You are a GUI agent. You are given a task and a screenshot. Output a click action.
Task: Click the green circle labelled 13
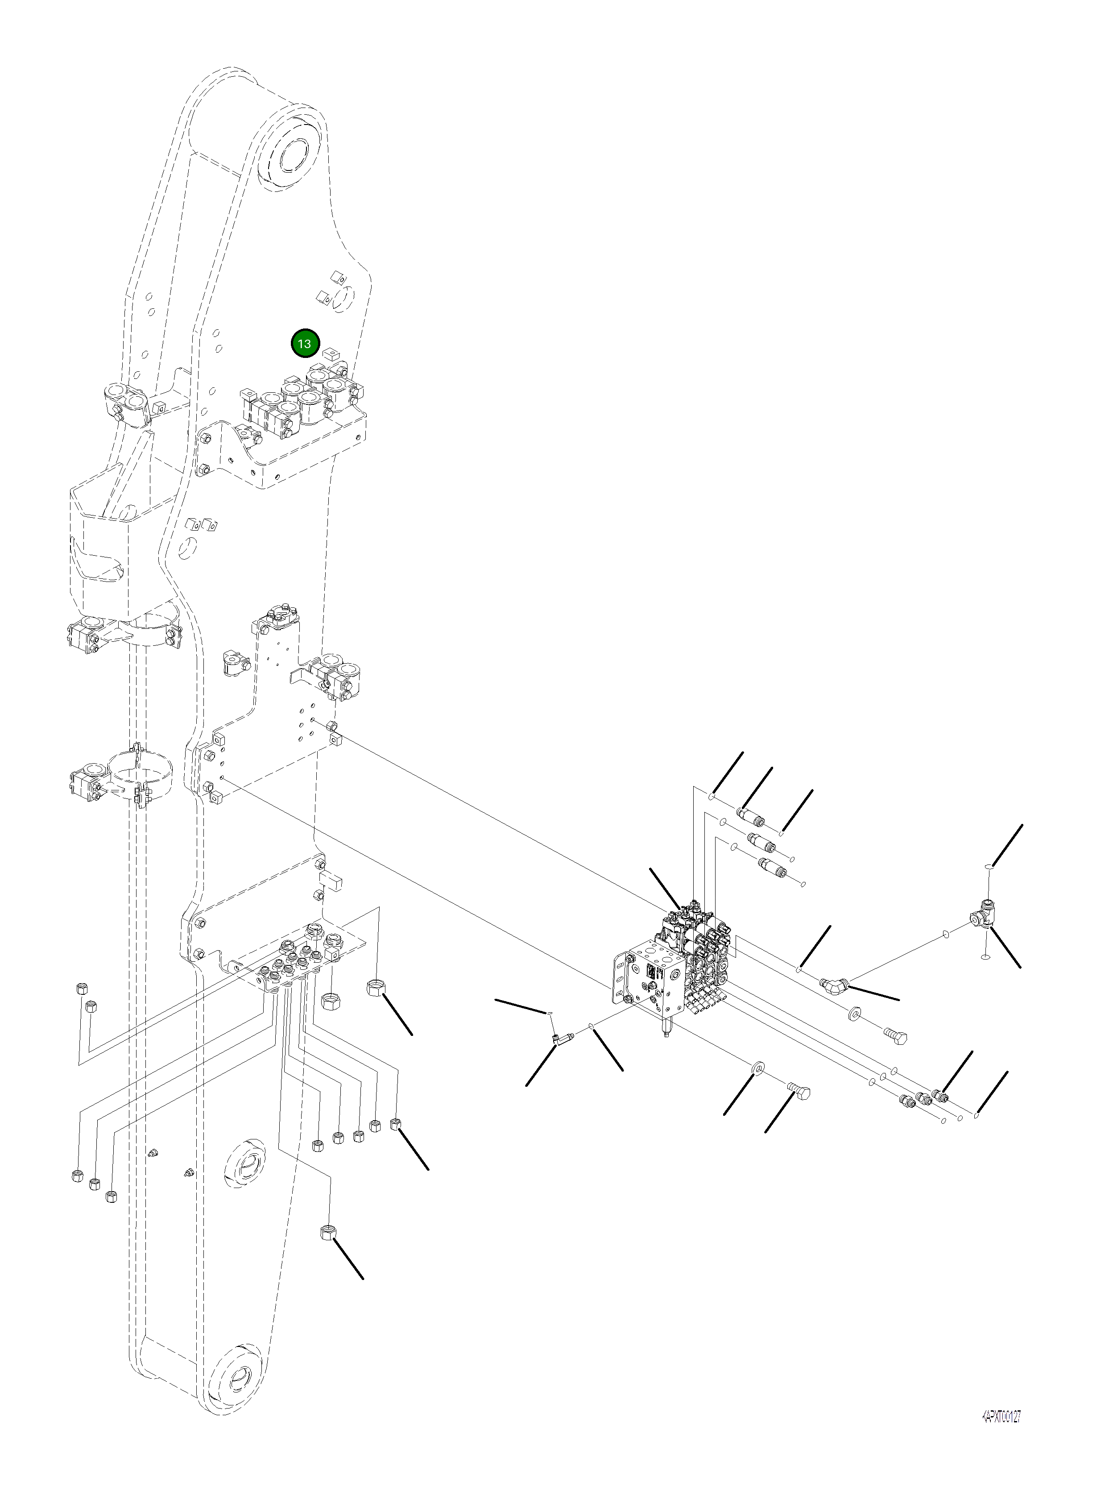click(x=304, y=344)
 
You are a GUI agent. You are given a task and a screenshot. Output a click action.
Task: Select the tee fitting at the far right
click(x=985, y=914)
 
